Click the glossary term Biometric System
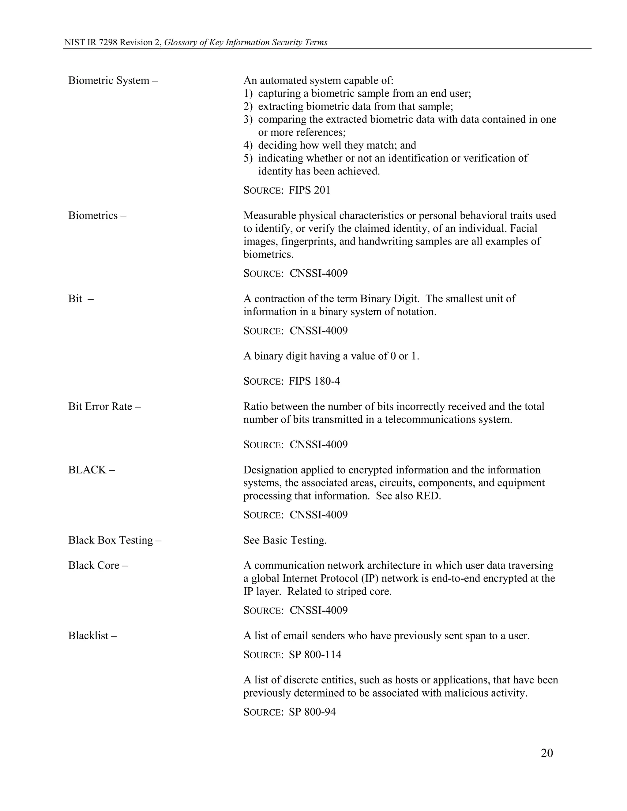point(109,80)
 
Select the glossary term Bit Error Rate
point(100,407)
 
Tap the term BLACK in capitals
point(87,470)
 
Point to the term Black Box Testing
point(111,540)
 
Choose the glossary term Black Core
point(94,566)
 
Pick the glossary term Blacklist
point(89,636)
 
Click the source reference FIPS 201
point(310,190)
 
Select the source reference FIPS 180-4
point(314,381)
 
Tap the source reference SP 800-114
point(315,655)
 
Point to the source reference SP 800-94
point(312,712)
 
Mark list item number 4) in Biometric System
point(248,145)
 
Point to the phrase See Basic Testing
point(285,540)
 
